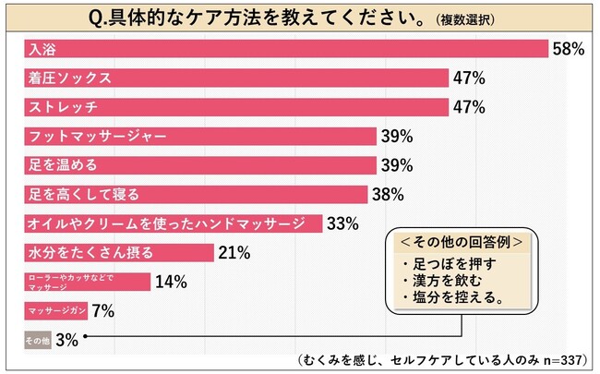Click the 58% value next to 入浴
568,49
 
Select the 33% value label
343,223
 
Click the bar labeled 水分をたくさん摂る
115,252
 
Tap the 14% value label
171,282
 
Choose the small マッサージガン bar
54,310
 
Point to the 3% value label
66,340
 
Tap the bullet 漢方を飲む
441,281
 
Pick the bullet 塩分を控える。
448,298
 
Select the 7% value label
102,311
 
